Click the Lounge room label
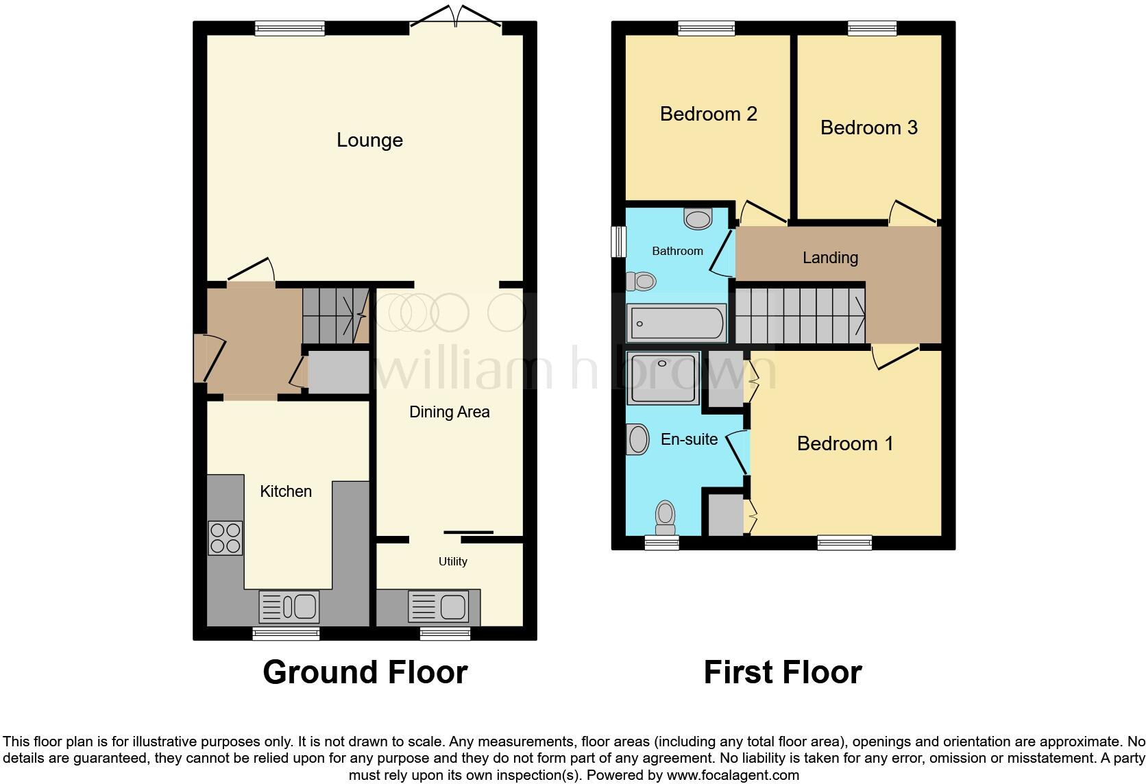pos(369,140)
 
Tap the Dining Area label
pos(449,412)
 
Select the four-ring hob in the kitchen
pos(225,538)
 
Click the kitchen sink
pos(289,607)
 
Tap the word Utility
pos(452,561)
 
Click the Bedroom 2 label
pos(708,114)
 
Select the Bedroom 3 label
pos(868,127)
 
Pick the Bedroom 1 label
pos(845,443)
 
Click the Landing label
pos(830,258)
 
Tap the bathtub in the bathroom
pos(676,323)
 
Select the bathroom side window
pos(619,241)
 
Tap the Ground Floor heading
pos(365,672)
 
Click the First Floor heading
pos(782,672)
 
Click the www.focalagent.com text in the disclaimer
pos(733,776)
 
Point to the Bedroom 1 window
pos(844,543)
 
